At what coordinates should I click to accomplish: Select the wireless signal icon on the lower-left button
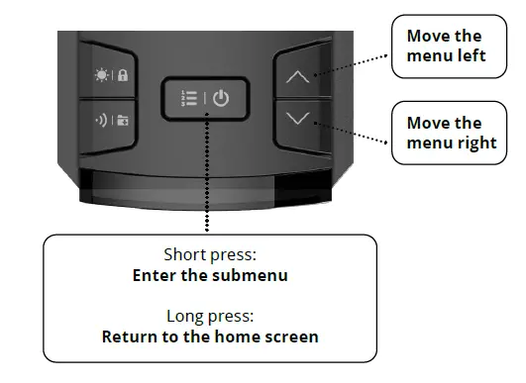[x=100, y=123]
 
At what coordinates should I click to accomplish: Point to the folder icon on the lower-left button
[x=123, y=123]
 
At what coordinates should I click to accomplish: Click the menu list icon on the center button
[x=188, y=99]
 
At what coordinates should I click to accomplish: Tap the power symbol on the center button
[x=221, y=99]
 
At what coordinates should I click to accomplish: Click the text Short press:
[x=210, y=254]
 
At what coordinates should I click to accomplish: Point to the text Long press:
[x=210, y=316]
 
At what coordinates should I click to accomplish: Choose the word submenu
[x=253, y=275]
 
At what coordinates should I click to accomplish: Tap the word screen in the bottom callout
[x=292, y=336]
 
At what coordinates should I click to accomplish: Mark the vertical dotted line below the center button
[x=207, y=178]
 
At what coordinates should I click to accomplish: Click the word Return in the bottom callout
[x=129, y=336]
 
